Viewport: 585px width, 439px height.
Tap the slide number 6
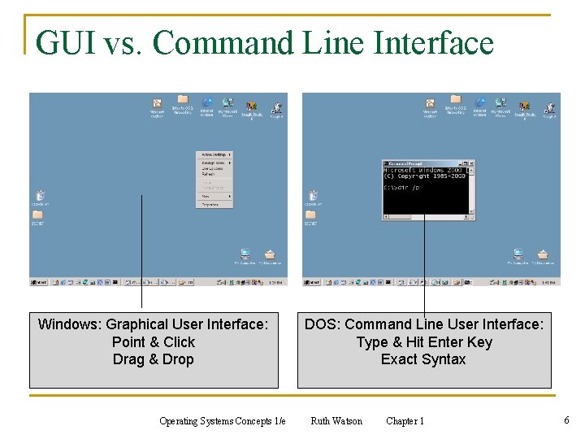(566, 420)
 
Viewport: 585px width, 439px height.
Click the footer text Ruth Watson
(336, 421)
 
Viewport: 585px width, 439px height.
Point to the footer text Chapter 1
(405, 421)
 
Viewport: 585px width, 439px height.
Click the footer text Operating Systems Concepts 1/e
(222, 421)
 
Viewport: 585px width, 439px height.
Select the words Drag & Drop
(154, 359)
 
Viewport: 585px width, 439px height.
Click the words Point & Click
(154, 342)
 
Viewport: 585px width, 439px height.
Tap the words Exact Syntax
(423, 359)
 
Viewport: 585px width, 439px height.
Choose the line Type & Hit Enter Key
(424, 342)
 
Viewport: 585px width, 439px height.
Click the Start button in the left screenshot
(38, 283)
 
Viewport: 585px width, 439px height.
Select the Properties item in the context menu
(210, 204)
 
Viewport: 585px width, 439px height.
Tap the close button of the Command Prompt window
(472, 163)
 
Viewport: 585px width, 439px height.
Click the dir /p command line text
(403, 188)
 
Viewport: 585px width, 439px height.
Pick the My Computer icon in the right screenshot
(518, 256)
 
